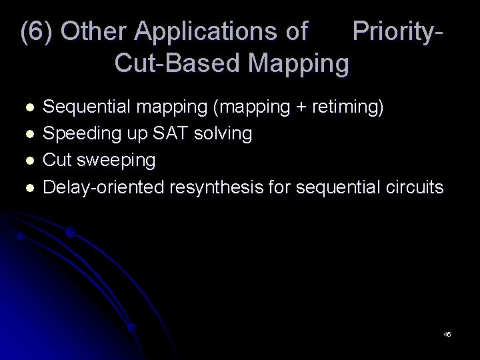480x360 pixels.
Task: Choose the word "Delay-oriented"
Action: point(103,187)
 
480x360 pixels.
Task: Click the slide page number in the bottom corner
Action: point(447,334)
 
